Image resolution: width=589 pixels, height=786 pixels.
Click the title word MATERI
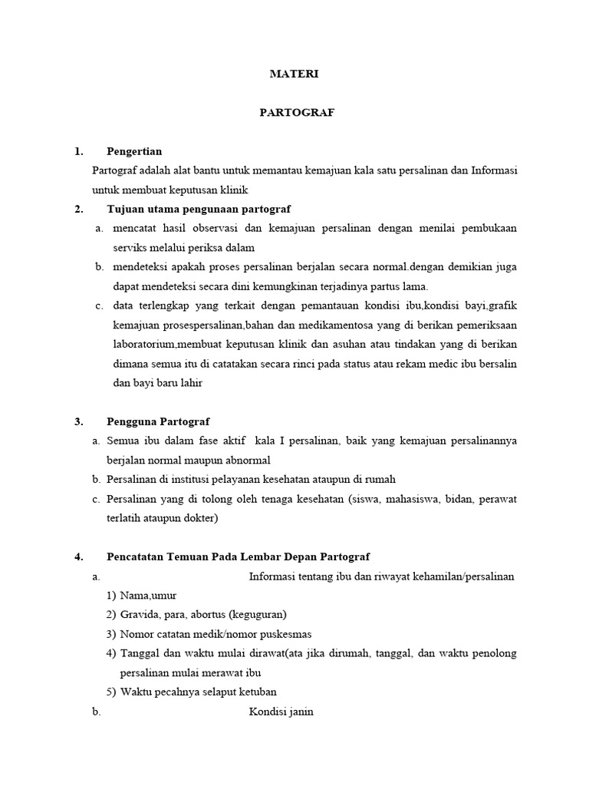294,74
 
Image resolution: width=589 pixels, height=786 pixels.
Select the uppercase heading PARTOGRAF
294,113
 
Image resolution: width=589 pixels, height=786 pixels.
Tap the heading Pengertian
134,151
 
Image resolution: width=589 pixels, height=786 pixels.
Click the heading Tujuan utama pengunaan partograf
199,209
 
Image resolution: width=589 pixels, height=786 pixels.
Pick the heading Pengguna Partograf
158,421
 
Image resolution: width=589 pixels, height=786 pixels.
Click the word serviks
127,248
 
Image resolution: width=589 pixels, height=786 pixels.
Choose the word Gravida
138,615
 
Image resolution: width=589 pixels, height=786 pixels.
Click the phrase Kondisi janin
281,712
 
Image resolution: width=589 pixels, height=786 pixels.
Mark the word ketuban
258,692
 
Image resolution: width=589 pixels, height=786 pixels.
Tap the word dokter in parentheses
201,518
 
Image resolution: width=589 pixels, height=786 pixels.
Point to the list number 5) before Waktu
110,692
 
